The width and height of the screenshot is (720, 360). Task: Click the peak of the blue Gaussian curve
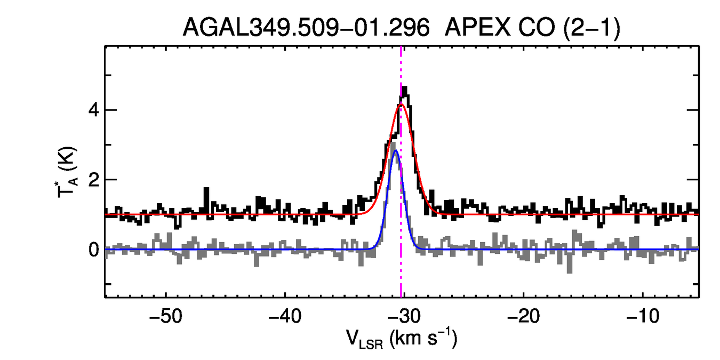tap(395, 151)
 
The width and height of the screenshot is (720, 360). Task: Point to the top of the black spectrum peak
tap(405, 87)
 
